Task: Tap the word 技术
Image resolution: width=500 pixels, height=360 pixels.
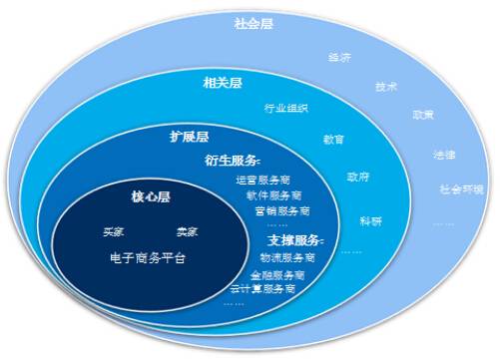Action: pos(387,87)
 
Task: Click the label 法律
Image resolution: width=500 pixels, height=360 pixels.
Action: pos(444,156)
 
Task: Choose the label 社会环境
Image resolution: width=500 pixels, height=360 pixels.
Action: pos(461,188)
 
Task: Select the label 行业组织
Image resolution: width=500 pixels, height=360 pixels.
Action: pos(286,108)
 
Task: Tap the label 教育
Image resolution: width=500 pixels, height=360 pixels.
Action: pos(333,139)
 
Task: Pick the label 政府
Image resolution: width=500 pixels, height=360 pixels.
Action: pos(357,177)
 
